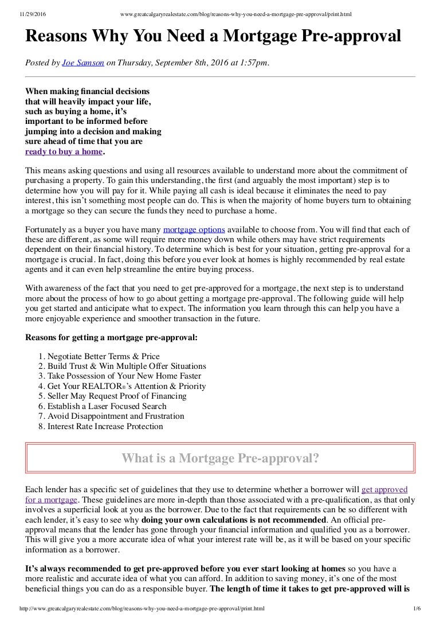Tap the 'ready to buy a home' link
tap(64, 152)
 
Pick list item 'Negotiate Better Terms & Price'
tap(103, 356)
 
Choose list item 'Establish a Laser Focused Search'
tap(108, 406)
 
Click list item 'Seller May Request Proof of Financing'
tap(117, 396)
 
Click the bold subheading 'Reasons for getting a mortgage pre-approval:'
tap(112, 337)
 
